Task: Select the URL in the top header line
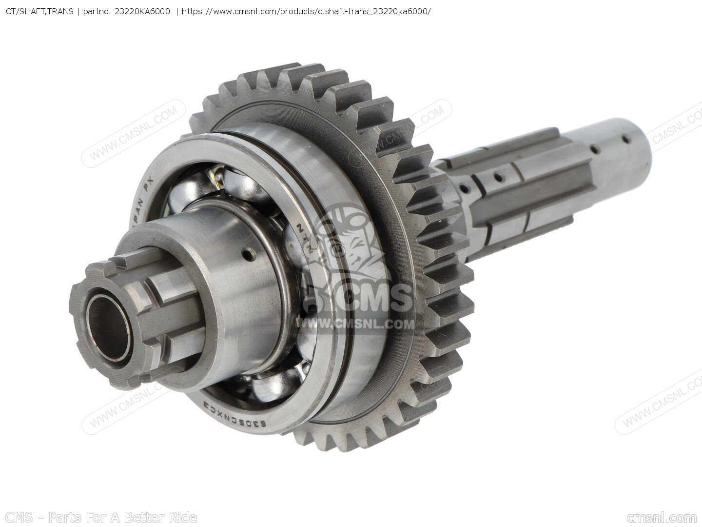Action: point(306,10)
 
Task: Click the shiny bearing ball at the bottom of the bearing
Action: point(273,386)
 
